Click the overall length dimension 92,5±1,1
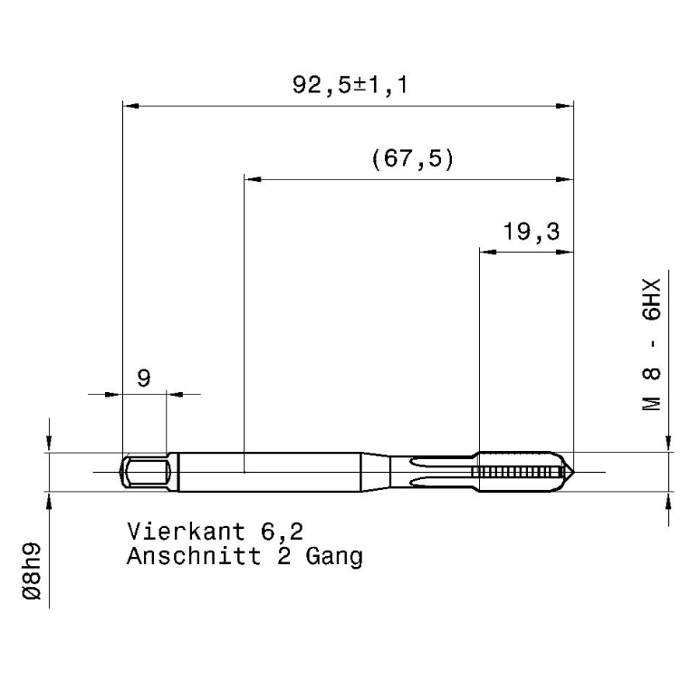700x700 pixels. pos(350,85)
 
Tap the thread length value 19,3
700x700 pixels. pos(531,232)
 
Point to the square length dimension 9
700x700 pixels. pos(144,379)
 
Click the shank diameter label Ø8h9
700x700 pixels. pos(31,571)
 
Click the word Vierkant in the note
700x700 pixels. pos(187,531)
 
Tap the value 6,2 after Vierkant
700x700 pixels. pos(282,532)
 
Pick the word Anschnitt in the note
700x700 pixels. pos(194,556)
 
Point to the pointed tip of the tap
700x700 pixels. pos(573,472)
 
